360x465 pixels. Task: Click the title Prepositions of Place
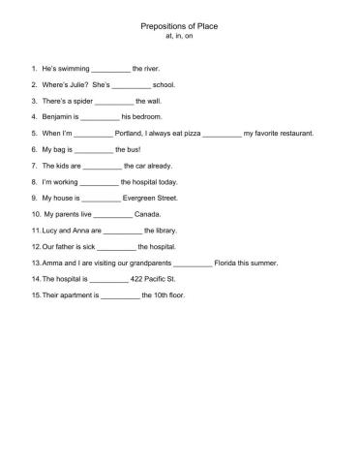click(181, 29)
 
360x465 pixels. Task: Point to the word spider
click(82, 101)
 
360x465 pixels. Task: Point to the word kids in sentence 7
click(62, 165)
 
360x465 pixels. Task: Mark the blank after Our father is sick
click(117, 246)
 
